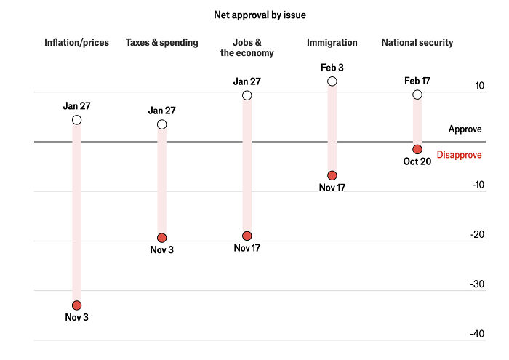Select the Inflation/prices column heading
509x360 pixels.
click(x=76, y=43)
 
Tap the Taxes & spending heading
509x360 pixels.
click(x=162, y=43)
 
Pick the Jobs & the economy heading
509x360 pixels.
click(x=247, y=48)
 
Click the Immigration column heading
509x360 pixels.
click(x=332, y=43)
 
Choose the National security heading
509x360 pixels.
click(x=417, y=43)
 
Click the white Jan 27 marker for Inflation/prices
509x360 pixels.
click(x=77, y=120)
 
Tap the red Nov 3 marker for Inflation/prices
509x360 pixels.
click(x=77, y=305)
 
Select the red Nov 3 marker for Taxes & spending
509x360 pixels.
click(x=162, y=238)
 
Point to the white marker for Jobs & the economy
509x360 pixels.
click(x=247, y=95)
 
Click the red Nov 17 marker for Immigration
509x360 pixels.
click(x=332, y=175)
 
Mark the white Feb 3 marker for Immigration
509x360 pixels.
click(x=332, y=81)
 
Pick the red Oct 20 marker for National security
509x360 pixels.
click(x=417, y=149)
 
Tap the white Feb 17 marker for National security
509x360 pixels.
click(x=417, y=95)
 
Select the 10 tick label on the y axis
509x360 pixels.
click(x=479, y=85)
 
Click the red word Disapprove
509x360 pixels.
click(x=459, y=155)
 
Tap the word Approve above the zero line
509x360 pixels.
click(x=465, y=129)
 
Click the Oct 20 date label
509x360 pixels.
click(x=417, y=161)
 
